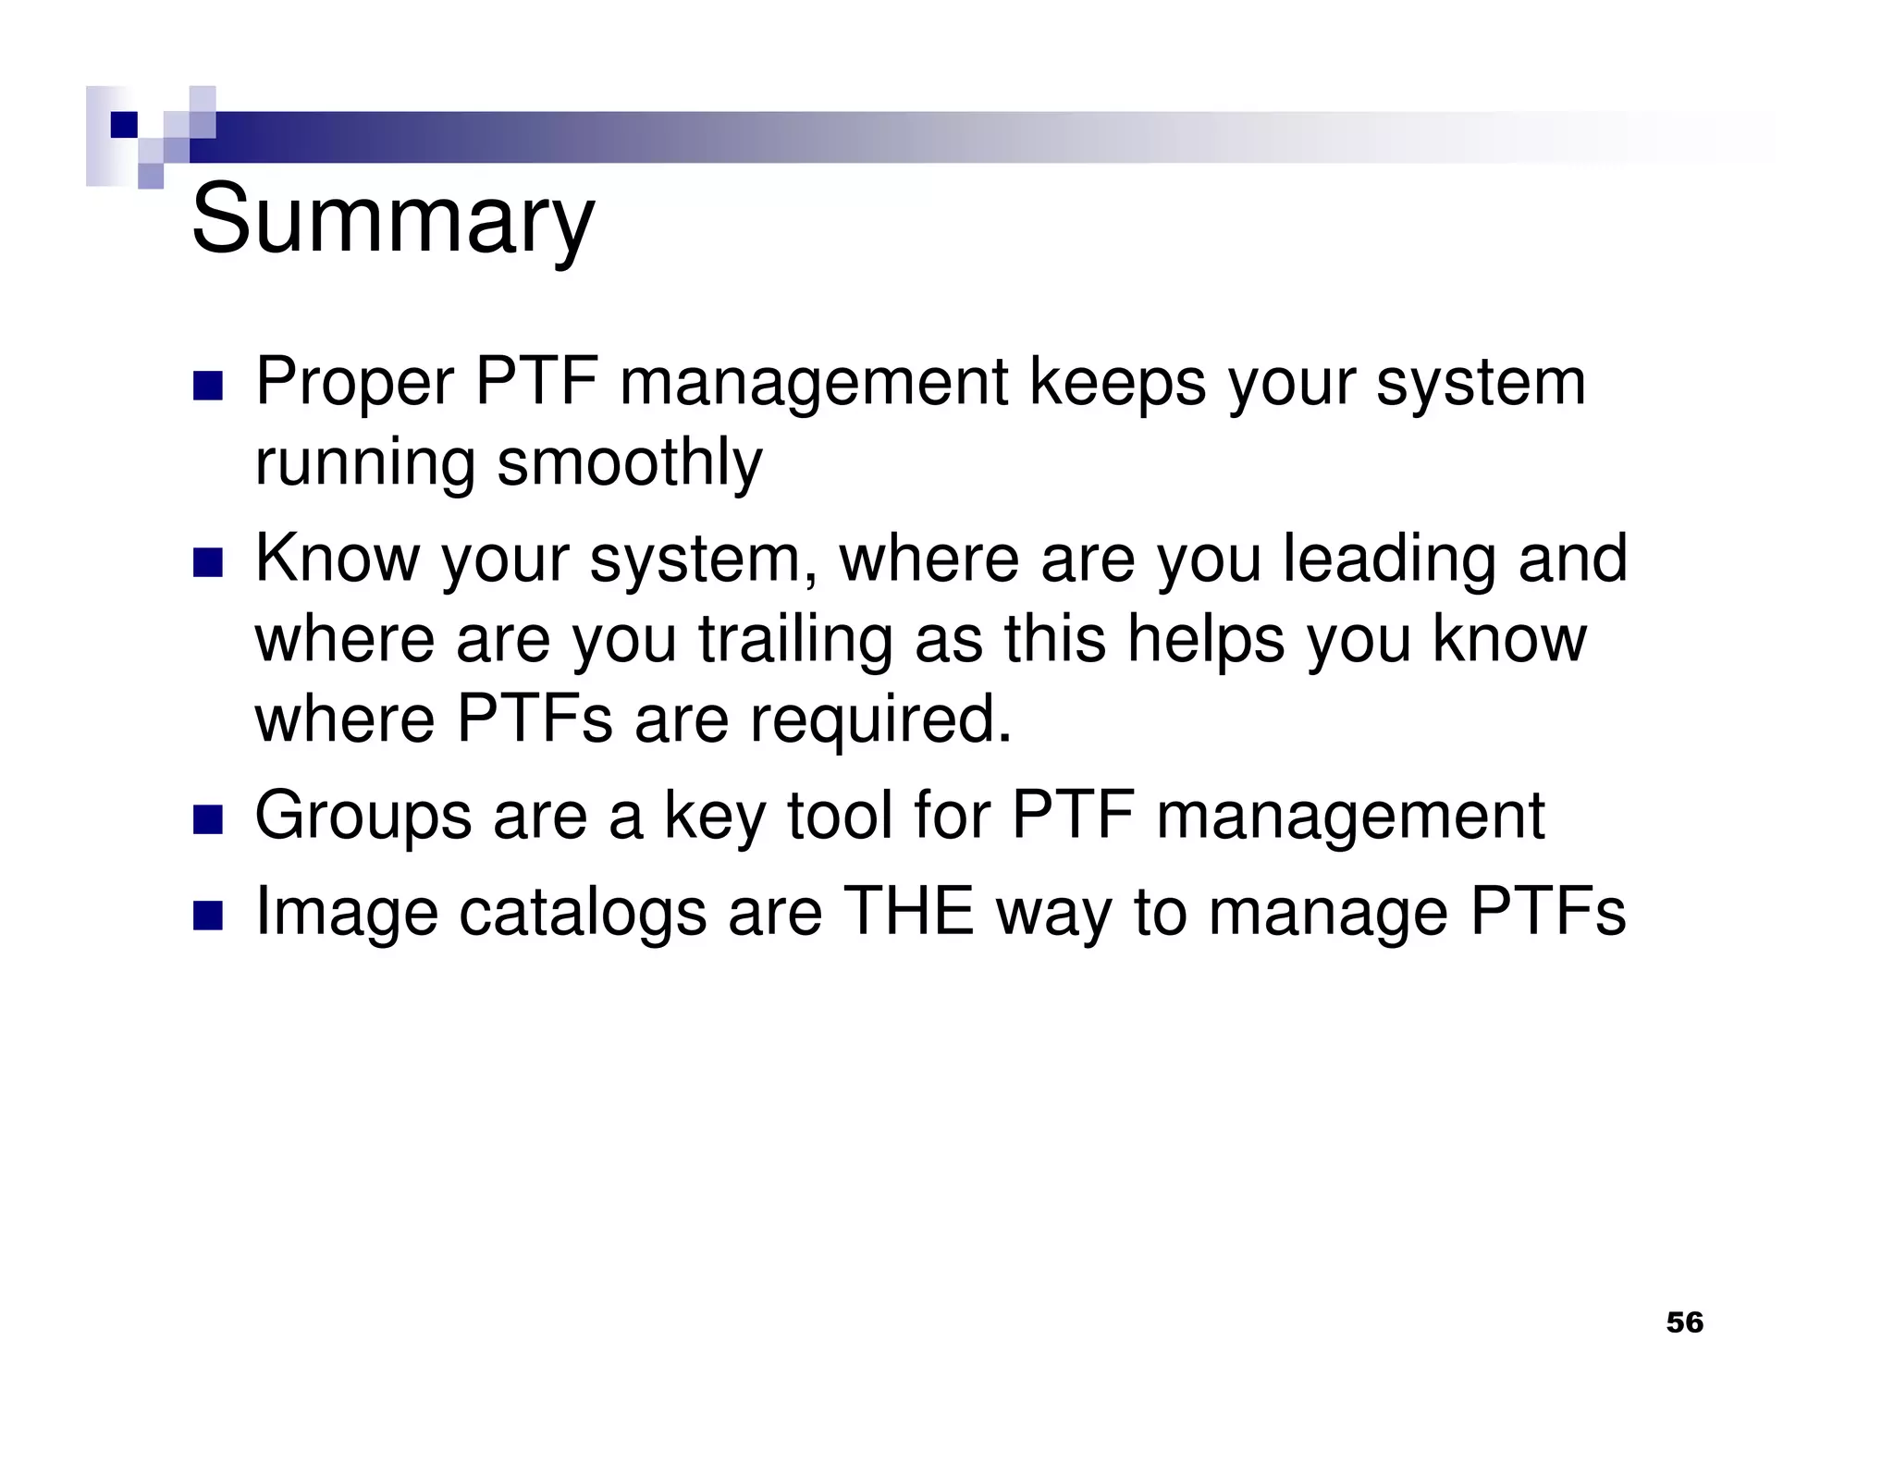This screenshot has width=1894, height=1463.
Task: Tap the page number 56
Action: pos(1684,1322)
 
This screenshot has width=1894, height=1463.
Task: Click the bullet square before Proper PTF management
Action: pos(208,387)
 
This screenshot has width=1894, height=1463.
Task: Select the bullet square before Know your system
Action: pos(208,562)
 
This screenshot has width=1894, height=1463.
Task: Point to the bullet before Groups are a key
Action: pos(208,819)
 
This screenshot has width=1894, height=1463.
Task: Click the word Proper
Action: pos(354,383)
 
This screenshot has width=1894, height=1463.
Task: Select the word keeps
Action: pos(1118,381)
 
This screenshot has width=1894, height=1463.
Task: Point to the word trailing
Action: pos(795,640)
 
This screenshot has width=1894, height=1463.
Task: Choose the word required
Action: pos(879,720)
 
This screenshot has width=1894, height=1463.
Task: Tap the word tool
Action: pos(838,816)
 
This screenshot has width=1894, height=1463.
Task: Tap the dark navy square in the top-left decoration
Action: pos(124,124)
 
